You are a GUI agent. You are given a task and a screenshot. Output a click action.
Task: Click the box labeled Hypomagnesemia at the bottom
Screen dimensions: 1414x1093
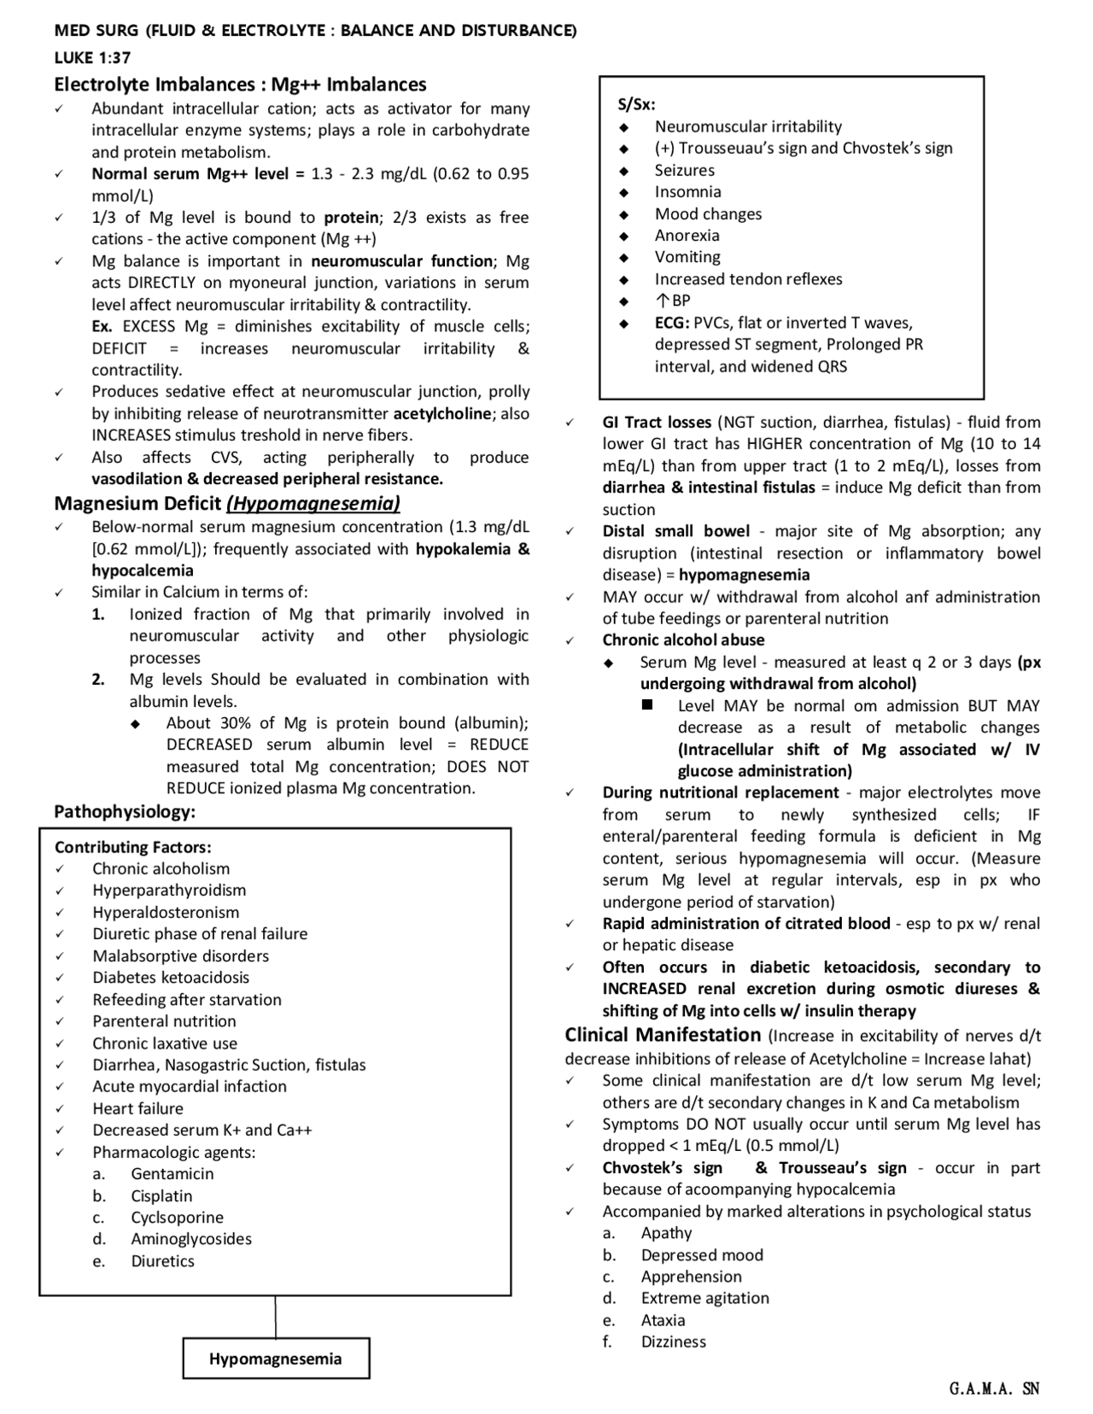[276, 1358]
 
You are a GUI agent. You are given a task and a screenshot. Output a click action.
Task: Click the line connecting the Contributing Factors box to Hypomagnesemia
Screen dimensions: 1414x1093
[275, 1317]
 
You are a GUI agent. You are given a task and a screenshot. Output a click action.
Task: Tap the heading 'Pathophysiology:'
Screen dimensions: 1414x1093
[125, 811]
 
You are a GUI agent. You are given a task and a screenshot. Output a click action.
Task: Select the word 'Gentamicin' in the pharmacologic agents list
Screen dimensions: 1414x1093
[172, 1173]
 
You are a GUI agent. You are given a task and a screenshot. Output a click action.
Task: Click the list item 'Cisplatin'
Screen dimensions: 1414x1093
[161, 1195]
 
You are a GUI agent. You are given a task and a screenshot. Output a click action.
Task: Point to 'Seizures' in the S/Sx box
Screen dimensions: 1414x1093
[685, 170]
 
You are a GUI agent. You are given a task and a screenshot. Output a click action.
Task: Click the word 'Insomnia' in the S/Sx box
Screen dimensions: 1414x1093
[687, 192]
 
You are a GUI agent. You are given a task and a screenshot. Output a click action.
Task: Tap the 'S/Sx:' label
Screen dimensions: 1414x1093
[636, 104]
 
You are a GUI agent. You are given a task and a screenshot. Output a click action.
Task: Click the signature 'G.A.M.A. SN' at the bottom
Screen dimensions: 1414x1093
[994, 1388]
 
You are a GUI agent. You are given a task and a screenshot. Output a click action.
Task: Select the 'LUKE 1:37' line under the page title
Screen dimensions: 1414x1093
[92, 57]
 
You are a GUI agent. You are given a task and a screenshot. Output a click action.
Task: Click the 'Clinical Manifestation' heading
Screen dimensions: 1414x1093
[663, 1035]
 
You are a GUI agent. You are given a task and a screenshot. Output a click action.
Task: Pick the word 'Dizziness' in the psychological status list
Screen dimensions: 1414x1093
[674, 1341]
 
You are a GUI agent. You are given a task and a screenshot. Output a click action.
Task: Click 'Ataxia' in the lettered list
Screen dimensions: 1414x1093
[663, 1320]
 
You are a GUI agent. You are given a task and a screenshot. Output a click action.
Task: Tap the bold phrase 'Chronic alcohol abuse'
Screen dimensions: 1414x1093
[683, 640]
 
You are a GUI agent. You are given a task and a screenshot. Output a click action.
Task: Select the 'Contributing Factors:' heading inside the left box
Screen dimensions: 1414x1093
[132, 847]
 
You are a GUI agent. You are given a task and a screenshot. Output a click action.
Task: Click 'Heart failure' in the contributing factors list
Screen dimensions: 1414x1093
[137, 1108]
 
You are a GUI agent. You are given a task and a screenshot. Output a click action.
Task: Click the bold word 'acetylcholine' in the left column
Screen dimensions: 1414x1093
[461, 413]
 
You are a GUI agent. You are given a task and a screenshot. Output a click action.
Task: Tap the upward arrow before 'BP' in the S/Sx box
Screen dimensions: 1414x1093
[662, 301]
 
